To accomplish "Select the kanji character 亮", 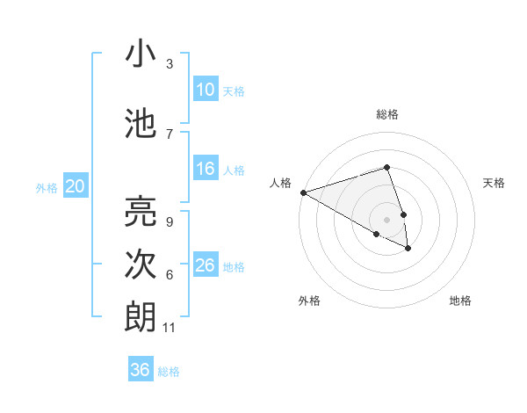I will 141,211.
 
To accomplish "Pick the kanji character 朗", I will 141,316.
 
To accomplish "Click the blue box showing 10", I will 205,89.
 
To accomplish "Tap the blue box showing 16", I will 205,169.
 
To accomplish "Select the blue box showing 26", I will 205,265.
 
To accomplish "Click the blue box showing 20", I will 76,185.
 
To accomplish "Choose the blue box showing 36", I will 141,370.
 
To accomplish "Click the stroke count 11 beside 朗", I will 170,328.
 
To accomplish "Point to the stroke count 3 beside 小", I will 170,64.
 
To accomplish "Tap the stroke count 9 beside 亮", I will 170,222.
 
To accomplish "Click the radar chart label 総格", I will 387,114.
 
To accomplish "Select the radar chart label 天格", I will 495,183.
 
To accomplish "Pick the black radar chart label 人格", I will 281,183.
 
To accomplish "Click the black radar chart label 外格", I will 309,301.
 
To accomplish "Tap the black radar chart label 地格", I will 460,301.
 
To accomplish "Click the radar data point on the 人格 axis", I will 303,192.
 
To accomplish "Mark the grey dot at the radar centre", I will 386,219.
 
